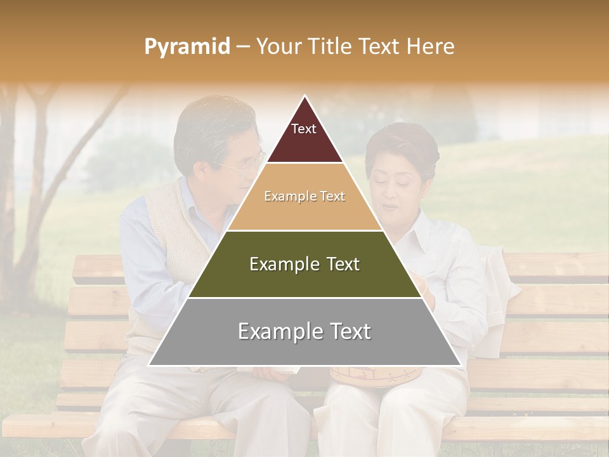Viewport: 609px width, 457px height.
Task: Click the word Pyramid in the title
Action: tap(187, 47)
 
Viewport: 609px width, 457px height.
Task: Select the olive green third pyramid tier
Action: tap(304, 279)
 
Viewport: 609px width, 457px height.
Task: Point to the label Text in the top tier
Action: tap(304, 129)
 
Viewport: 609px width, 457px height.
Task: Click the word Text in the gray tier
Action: tap(346, 331)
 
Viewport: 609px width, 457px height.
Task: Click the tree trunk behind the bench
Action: tap(25, 209)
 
